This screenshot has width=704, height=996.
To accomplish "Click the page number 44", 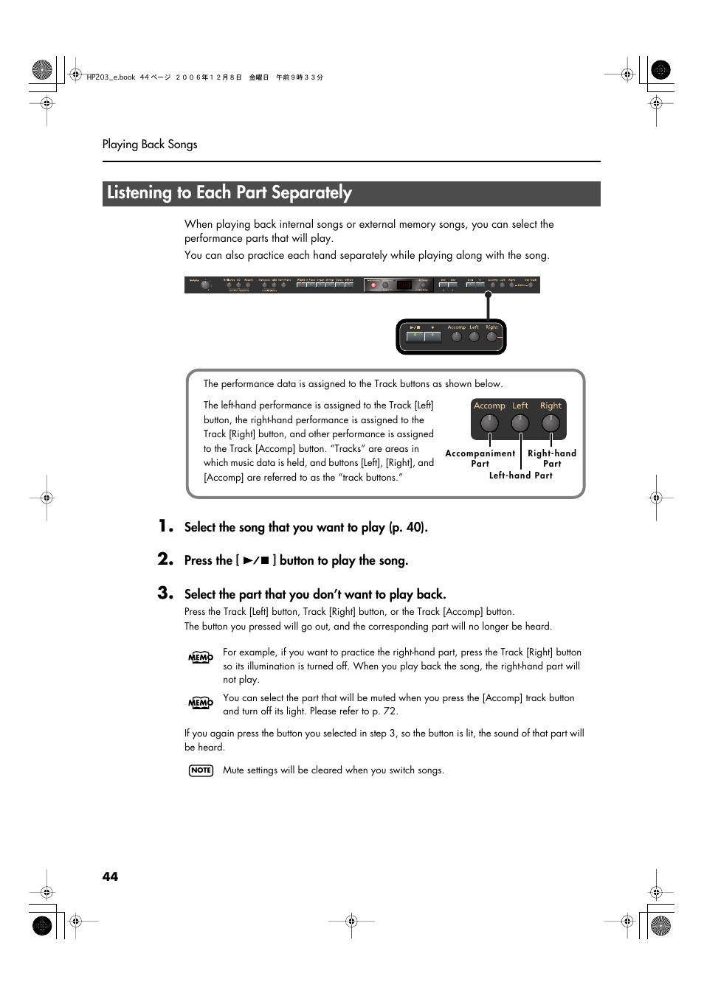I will click(x=110, y=876).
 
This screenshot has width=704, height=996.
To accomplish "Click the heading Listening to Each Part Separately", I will click(x=230, y=193).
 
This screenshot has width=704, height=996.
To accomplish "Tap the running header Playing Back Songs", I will click(x=150, y=144).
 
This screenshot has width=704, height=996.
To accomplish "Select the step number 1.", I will click(x=166, y=526).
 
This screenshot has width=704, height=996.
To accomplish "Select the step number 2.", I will click(x=166, y=560).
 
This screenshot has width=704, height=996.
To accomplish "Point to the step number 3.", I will click(x=166, y=593).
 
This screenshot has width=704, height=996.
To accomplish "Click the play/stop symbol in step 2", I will click(x=256, y=561).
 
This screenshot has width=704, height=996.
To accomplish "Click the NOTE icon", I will click(x=201, y=770).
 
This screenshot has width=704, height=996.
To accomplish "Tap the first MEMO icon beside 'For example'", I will click(x=201, y=658).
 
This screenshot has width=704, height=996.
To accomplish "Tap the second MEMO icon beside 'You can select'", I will click(x=201, y=703).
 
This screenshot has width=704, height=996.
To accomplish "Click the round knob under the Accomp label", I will click(x=489, y=423).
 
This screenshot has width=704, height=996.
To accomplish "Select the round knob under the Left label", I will click(x=520, y=423).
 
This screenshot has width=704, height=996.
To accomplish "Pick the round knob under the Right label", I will click(x=551, y=423).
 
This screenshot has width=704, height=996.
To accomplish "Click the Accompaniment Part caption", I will click(x=480, y=459).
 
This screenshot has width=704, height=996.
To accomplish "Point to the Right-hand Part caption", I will click(x=552, y=459).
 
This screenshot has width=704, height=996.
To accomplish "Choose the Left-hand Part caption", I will click(x=521, y=476).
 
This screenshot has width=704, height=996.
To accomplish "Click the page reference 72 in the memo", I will click(x=390, y=711).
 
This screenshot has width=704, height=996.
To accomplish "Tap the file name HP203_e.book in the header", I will click(x=111, y=77).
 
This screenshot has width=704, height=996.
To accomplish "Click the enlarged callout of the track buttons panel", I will click(x=451, y=336).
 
